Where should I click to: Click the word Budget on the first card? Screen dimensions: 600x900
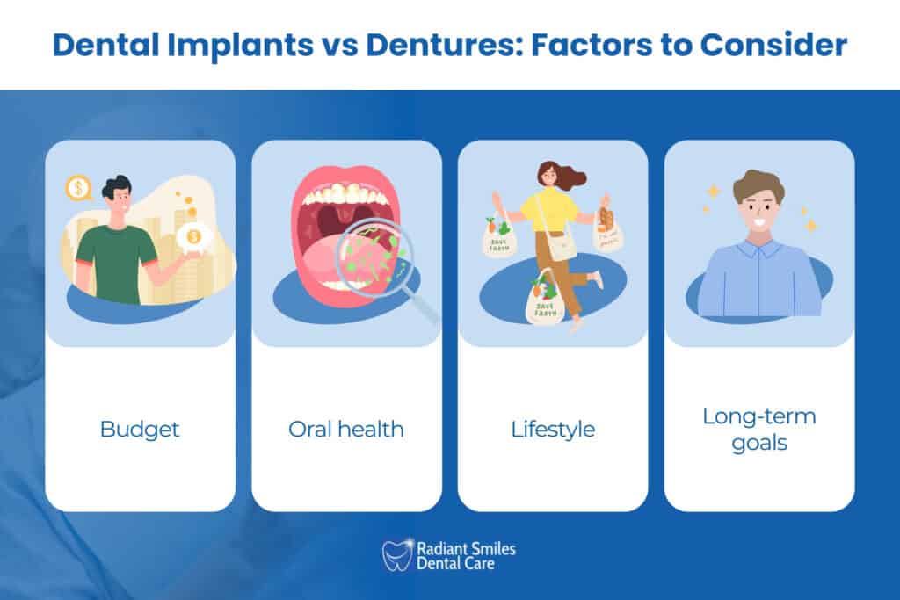coord(140,430)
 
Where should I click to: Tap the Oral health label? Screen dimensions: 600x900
coord(346,430)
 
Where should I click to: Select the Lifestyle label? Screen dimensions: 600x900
coord(553,430)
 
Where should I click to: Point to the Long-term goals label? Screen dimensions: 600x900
coord(758,429)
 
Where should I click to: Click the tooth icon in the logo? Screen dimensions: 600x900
coord(397,555)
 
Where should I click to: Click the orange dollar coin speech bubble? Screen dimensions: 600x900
coord(78,187)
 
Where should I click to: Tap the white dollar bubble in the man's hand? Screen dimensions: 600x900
coord(192,237)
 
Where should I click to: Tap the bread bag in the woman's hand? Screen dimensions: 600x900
coord(607,231)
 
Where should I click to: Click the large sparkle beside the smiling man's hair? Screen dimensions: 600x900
coord(714,191)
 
